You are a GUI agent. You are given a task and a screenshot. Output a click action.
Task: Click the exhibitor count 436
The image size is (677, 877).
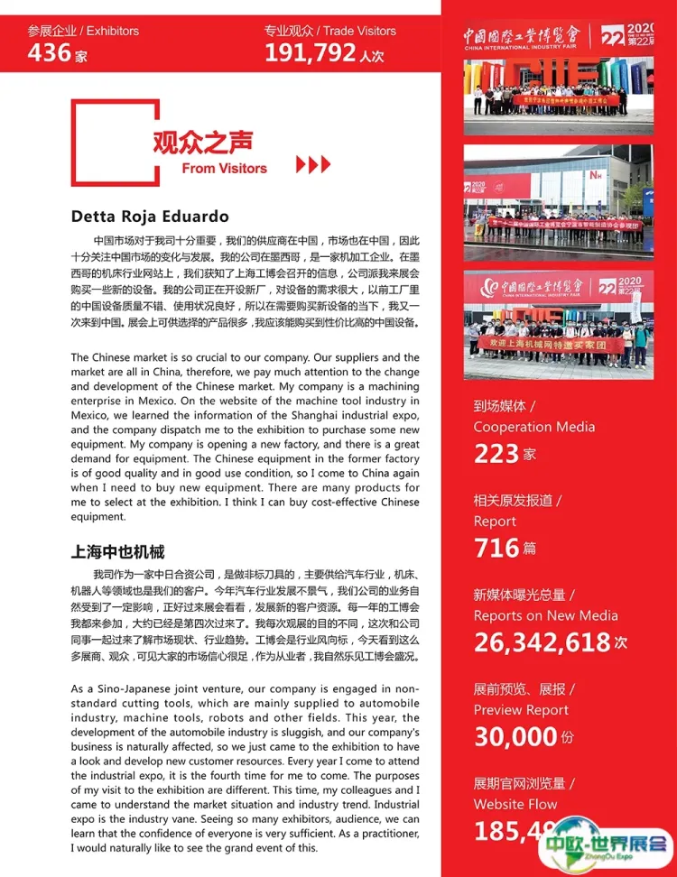(50, 53)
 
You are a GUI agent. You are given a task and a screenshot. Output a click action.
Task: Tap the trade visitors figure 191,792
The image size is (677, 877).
(311, 53)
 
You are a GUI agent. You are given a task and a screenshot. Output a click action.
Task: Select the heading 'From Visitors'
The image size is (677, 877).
(224, 168)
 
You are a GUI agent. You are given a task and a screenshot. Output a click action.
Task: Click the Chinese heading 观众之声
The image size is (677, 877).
(203, 143)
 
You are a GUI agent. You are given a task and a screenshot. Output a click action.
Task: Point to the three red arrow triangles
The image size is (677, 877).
(313, 164)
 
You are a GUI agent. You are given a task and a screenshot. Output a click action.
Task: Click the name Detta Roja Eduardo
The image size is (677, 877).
(150, 217)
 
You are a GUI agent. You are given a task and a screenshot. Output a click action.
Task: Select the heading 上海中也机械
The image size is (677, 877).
(117, 551)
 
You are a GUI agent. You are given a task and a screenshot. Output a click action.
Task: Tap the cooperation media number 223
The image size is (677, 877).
(496, 453)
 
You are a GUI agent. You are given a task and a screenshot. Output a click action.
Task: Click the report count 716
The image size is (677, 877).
(496, 548)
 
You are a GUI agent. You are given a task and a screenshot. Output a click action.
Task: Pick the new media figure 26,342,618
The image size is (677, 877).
(542, 642)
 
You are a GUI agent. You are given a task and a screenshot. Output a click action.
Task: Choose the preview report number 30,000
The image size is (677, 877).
(515, 737)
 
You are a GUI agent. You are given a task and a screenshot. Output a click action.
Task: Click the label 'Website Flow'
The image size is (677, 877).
(515, 804)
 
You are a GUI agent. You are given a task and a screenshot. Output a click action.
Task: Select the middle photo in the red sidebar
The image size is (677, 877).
(559, 203)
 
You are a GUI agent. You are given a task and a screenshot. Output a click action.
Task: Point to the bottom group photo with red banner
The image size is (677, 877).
(559, 325)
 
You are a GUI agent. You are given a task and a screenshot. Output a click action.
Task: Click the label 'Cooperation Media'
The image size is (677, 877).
(538, 427)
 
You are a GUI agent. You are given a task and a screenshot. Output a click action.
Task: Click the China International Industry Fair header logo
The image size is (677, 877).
(559, 33)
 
